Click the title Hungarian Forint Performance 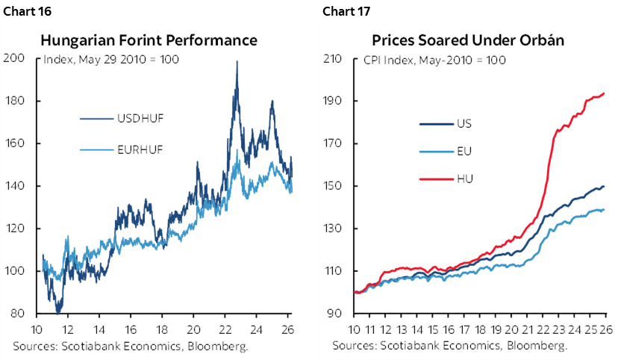(x=149, y=40)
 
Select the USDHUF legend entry (x=142, y=118)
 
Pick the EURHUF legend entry (x=142, y=150)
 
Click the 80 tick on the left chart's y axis (x=16, y=314)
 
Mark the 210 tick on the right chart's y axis (x=333, y=58)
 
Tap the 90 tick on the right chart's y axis (x=336, y=314)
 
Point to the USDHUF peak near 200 (x=237, y=62)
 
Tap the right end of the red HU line (x=604, y=93)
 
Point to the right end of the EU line (x=604, y=210)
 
